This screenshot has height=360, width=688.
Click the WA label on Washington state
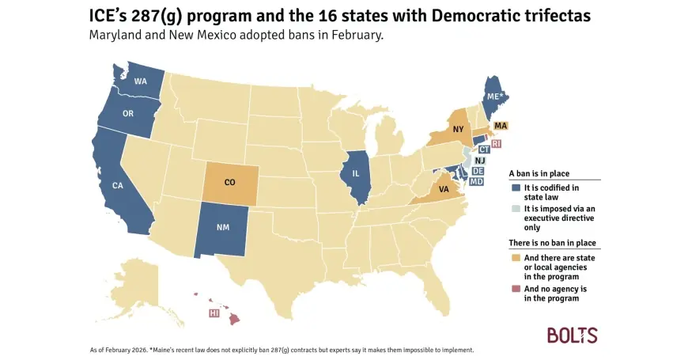coord(140,82)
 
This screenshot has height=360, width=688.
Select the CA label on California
coord(116,186)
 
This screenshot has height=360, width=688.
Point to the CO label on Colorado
coord(229,182)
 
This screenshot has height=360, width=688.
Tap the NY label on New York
coord(458,129)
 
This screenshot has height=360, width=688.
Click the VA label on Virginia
coord(444,188)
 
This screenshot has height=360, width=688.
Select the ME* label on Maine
coord(493,95)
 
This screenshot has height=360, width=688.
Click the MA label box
coord(501,126)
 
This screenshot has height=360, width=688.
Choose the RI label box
coord(497,144)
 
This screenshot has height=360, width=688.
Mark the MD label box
coord(477,181)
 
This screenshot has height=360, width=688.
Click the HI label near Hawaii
coord(214,313)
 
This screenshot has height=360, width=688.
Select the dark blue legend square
coord(516,188)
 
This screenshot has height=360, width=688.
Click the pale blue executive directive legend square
coord(516,209)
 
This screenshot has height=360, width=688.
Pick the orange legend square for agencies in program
coord(516,258)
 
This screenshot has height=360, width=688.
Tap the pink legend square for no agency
coord(516,289)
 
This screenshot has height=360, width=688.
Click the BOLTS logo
coord(573,335)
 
